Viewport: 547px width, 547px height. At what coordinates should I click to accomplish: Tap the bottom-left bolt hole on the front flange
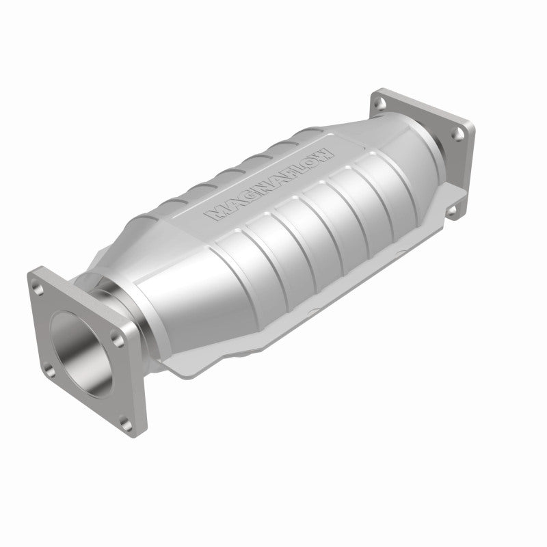pyautogui.click(x=50, y=373)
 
